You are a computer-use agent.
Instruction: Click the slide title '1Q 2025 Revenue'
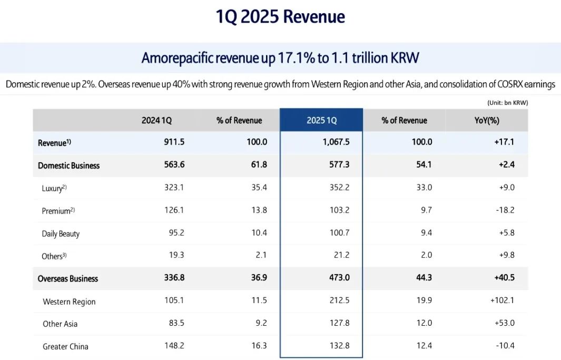280,17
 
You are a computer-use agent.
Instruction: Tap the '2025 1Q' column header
321,121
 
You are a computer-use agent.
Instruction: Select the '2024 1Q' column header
156,121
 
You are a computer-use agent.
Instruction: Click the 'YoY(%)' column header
486,121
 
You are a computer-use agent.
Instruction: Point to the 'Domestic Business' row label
68,165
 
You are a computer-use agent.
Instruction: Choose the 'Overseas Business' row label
68,278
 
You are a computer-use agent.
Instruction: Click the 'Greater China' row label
65,346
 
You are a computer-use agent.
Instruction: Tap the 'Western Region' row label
69,302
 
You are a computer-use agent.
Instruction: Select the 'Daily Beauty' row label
61,233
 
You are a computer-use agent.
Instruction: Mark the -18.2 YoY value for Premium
504,211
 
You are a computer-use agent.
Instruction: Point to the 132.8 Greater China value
339,346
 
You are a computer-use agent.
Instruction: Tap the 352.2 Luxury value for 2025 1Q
339,188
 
